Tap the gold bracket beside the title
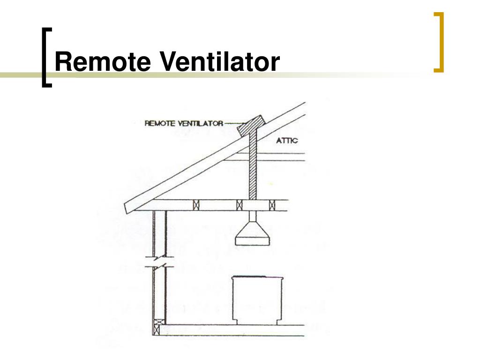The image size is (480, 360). coord(439,43)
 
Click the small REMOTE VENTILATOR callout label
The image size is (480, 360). coord(184,124)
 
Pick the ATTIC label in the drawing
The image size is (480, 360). coord(286,140)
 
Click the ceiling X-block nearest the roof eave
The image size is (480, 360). coord(197,205)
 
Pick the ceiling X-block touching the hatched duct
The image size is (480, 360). coord(240,205)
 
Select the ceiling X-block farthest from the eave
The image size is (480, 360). coord(271,205)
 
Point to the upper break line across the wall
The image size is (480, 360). coord(160,257)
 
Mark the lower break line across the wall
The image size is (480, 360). coord(160,267)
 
